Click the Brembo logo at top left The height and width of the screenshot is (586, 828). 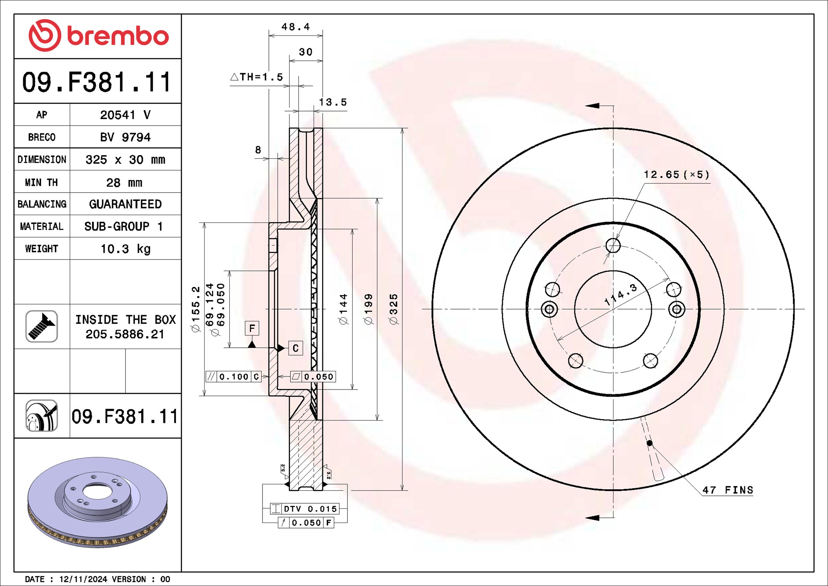98,35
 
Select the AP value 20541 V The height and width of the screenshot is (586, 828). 125,115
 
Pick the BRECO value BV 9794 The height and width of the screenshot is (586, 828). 125,137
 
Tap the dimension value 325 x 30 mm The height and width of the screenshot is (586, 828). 125,160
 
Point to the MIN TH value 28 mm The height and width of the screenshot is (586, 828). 124,183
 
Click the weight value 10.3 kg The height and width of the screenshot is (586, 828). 125,249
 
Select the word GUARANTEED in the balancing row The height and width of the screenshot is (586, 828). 125,204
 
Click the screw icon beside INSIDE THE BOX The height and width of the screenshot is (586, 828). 42,326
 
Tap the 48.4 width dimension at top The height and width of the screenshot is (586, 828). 296,27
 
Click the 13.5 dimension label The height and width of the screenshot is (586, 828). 333,102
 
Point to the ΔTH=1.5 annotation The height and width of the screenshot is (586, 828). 257,77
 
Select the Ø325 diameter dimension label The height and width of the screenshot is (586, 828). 394,309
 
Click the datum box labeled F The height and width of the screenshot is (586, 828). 252,328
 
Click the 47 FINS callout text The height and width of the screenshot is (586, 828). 728,490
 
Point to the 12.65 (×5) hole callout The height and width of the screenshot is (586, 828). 676,174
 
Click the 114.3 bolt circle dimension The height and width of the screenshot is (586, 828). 621,295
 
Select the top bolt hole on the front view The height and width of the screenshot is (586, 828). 613,245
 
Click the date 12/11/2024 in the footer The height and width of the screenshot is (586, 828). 83,579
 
